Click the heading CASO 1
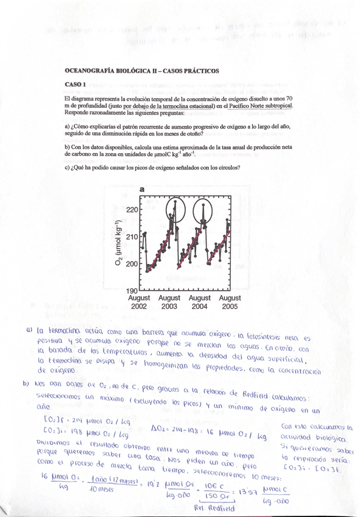[76, 84]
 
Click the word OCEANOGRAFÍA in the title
[90, 71]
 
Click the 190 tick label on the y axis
[133, 291]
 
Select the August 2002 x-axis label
[139, 302]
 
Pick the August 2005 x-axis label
[230, 302]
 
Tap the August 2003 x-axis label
[169, 302]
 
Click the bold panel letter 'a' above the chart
[142, 189]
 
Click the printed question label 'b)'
[67, 147]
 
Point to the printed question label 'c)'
[67, 168]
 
